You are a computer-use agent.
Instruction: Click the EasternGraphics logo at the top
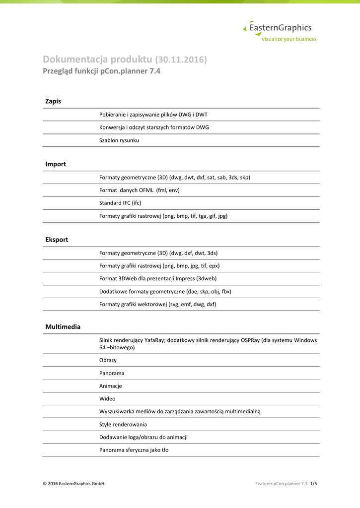pos(280,32)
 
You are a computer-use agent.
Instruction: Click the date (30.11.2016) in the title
pos(181,60)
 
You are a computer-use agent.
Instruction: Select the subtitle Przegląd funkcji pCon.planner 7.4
pos(102,71)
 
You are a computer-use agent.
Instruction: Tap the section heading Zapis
pos(53,101)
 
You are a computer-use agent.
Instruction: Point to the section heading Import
pos(56,164)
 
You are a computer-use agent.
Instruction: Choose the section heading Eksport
pos(57,240)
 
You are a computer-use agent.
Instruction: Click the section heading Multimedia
pos(63,327)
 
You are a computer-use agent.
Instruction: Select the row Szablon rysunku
pos(119,140)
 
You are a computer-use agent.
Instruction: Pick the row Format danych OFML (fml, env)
pos(140,190)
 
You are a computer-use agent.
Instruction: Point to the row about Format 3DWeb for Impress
pos(158,278)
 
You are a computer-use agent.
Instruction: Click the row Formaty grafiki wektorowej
pos(158,304)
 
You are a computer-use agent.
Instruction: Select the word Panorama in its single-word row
pos(112,373)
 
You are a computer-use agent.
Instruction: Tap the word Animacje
pos(111,386)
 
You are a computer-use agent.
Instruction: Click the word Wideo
pos(107,399)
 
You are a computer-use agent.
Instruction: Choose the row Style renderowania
pos(123,425)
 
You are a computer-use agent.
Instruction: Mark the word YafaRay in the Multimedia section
pos(155,340)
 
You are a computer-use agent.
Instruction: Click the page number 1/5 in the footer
pos(313,484)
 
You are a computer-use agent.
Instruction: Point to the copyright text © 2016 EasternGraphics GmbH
pos(73,484)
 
